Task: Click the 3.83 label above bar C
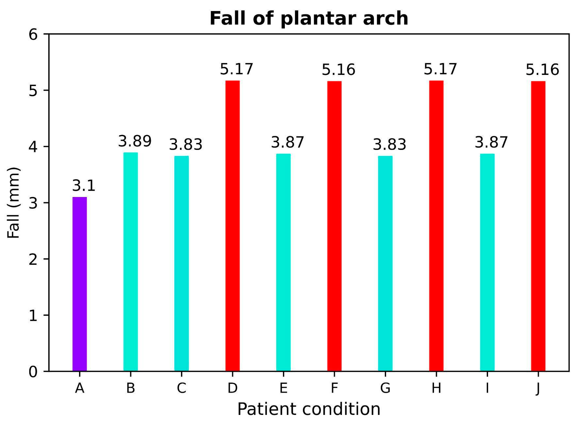186,145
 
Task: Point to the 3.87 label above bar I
491,143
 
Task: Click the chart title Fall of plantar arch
309,18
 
